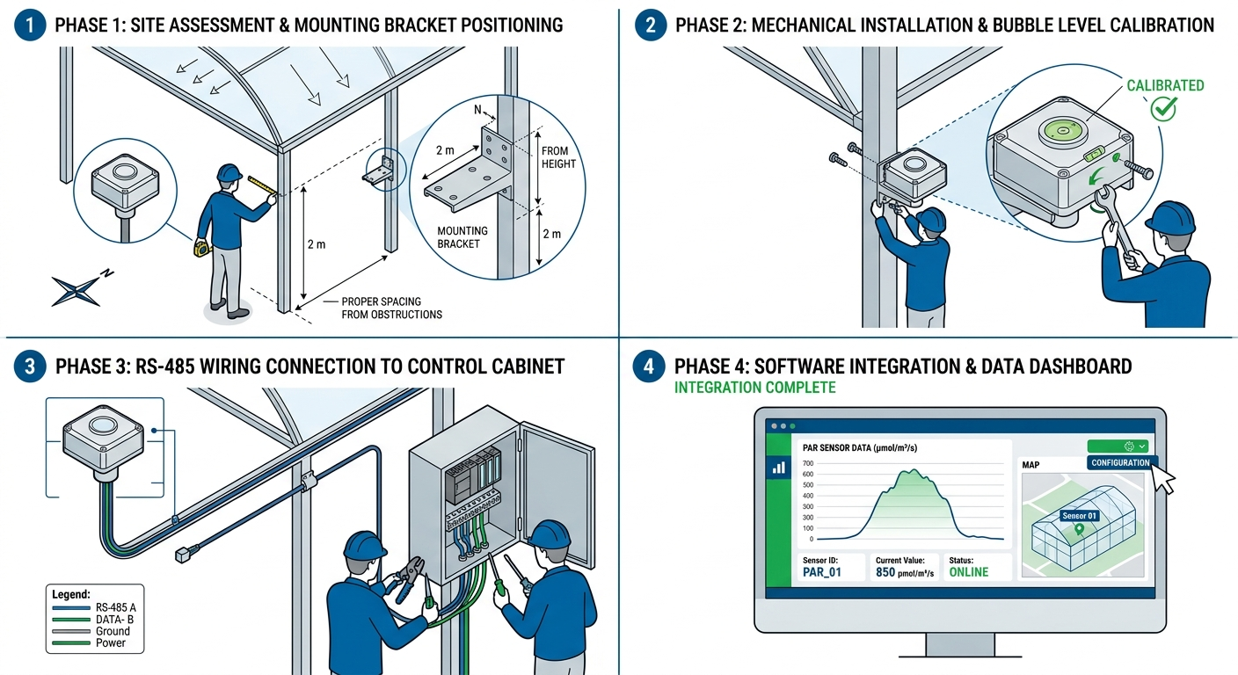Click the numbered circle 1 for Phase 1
(x=32, y=24)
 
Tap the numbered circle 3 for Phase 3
(x=32, y=366)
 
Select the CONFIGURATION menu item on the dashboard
(x=1120, y=462)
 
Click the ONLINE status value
(x=968, y=572)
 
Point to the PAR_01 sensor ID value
(x=822, y=572)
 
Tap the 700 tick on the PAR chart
(x=808, y=463)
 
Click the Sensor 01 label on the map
(x=1080, y=516)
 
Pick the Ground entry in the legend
(x=112, y=631)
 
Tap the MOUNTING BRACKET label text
(x=462, y=236)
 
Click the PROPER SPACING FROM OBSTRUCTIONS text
(x=391, y=308)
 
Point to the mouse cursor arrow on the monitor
(x=1162, y=479)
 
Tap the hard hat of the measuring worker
(x=229, y=172)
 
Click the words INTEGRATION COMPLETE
(x=754, y=388)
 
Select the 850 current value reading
(x=885, y=572)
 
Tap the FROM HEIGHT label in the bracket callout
(x=558, y=157)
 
